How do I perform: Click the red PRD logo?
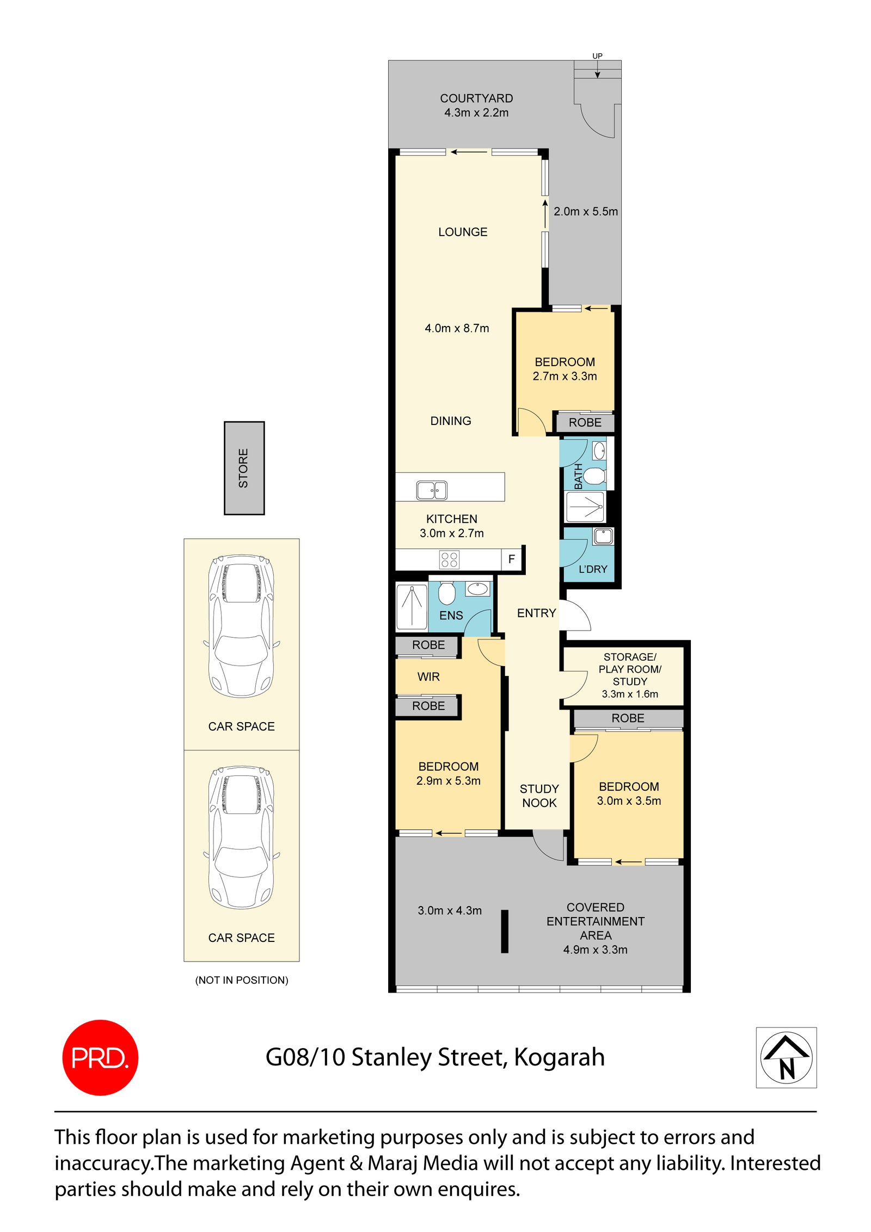100,1057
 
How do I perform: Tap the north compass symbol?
786,1057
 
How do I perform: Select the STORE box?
244,467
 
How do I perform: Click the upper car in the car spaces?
241,625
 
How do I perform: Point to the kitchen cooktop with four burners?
449,559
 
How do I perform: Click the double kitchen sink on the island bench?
431,490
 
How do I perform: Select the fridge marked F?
511,559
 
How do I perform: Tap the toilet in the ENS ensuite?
446,593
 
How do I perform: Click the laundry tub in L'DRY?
603,536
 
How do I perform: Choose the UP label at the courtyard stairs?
597,56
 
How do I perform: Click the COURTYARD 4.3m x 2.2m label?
476,105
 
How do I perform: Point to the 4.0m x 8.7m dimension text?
457,328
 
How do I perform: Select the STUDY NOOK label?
539,796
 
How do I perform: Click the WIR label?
428,676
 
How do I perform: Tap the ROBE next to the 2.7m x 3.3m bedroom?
585,422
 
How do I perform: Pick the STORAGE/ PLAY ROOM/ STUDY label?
629,675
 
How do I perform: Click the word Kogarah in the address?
559,1057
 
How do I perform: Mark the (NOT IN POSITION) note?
242,980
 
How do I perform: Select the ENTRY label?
536,613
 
